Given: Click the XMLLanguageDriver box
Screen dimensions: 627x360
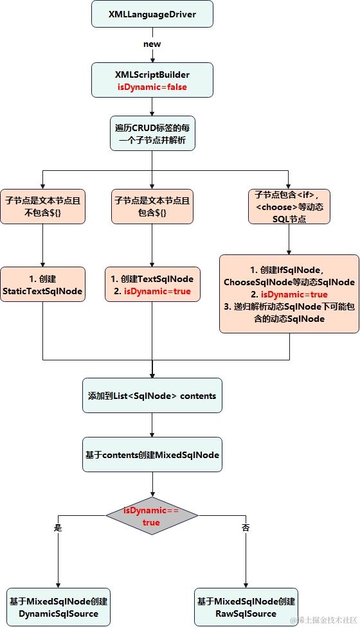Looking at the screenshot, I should pos(152,14).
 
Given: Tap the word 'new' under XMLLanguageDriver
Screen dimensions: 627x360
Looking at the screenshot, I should pos(152,44).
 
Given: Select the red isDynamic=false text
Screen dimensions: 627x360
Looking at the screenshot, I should pos(152,87).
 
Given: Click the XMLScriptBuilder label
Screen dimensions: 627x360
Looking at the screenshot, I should pos(152,74).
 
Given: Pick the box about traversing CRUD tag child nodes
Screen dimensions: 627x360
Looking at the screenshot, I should pos(152,133).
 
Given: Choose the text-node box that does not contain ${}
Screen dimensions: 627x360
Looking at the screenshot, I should pos(42,206).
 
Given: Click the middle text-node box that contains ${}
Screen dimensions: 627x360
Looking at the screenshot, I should pos(152,206).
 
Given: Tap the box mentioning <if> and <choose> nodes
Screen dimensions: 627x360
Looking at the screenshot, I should pos(289,206).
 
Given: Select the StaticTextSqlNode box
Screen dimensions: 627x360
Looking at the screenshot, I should pos(42,285).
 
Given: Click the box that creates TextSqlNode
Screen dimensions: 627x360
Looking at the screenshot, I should pos(152,285).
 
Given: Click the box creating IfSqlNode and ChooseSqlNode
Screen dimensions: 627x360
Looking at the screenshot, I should pos(289,294).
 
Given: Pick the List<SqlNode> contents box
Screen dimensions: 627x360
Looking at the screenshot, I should pos(152,395).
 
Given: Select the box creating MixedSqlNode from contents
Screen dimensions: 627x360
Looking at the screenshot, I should pos(152,455).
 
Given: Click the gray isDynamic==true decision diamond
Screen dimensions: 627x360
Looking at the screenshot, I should pos(152,516).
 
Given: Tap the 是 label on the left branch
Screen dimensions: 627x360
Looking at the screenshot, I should pos(59,527).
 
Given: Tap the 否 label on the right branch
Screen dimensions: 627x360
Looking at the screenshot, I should pos(245,527).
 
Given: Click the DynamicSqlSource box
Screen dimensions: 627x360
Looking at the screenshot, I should pos(59,607).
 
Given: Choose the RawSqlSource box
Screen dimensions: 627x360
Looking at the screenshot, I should pos(246,607).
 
